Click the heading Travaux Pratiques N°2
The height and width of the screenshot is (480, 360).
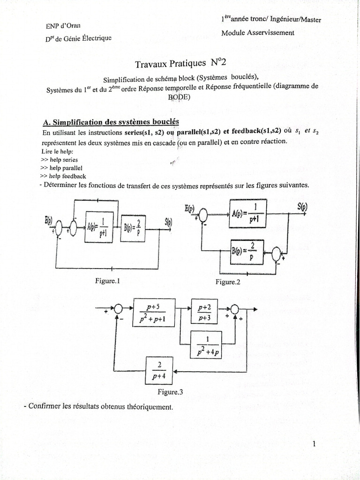180,62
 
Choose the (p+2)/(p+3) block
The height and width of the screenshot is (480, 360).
205,311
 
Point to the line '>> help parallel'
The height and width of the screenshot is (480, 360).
61,167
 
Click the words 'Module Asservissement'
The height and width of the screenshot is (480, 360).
258,33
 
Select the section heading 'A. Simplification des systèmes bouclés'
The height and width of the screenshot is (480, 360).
111,122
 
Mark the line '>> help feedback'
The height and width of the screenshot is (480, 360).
63,176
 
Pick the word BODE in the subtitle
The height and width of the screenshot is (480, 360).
179,97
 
